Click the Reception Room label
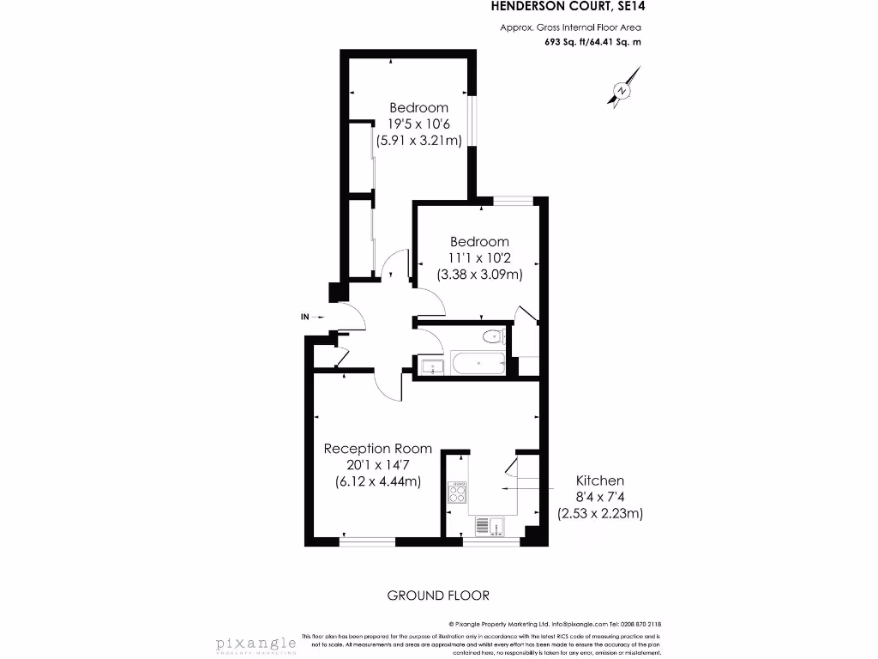(x=377, y=449)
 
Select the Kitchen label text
(x=600, y=481)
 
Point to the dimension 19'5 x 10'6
(x=418, y=124)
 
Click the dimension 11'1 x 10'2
(x=478, y=258)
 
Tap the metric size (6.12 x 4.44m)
(x=377, y=481)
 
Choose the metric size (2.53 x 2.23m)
(x=600, y=513)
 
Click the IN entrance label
(x=304, y=317)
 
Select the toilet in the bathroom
(x=492, y=336)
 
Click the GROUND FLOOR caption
(x=438, y=595)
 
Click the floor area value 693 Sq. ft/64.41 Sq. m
(x=592, y=42)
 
